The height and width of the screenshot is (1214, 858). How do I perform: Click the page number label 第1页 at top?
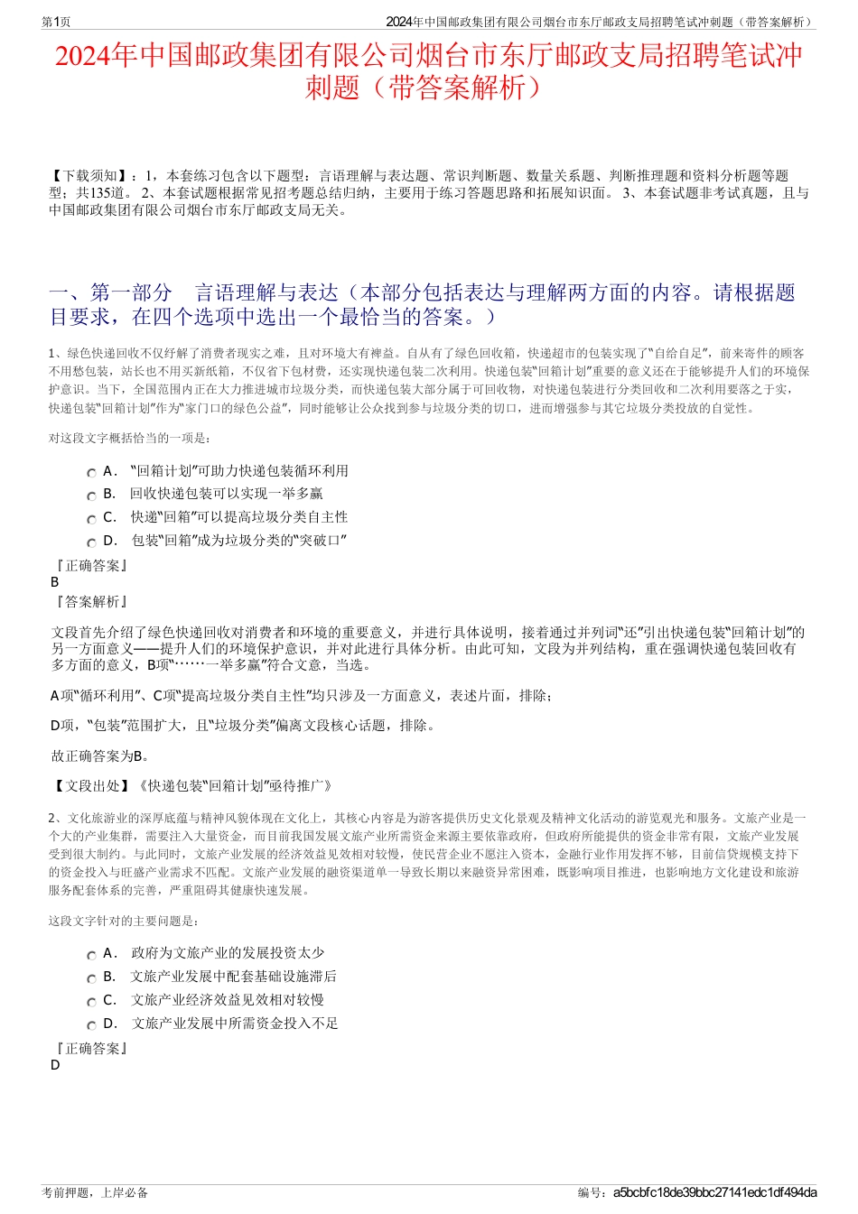[x=56, y=22]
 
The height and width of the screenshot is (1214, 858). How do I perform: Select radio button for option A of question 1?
[x=91, y=473]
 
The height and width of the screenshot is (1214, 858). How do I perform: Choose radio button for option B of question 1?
[x=91, y=496]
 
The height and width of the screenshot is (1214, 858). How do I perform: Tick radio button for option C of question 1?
[x=91, y=520]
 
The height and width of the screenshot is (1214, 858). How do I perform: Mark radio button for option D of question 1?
[x=91, y=543]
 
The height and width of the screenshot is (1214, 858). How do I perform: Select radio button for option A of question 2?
[x=91, y=955]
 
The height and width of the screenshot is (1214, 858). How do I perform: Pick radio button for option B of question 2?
[x=91, y=978]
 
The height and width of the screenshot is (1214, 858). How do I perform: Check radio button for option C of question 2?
[x=91, y=1002]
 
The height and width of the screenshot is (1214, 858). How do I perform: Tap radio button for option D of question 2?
[x=91, y=1025]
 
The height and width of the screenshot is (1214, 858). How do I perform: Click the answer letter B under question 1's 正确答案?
[x=55, y=582]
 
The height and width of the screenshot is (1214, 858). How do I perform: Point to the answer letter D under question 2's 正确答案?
[x=55, y=1064]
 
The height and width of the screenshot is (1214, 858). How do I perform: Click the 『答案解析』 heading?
[x=91, y=601]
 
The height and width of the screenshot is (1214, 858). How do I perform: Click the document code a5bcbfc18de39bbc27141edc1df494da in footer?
[x=714, y=1192]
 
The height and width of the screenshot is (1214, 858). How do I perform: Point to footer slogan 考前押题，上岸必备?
[x=95, y=1192]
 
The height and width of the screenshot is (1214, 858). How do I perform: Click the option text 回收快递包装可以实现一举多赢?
[x=227, y=494]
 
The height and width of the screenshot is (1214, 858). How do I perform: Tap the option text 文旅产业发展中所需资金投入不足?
[x=235, y=1023]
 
